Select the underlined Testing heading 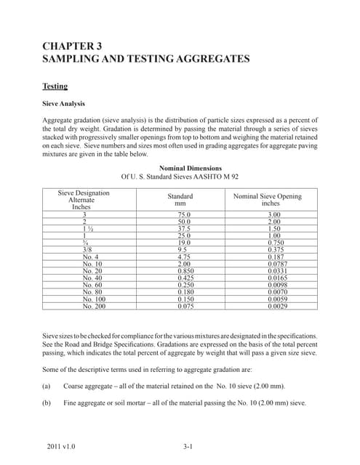[x=55, y=86]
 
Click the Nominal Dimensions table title [x=179, y=168]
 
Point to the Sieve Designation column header [x=84, y=193]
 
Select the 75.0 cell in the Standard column [x=184, y=216]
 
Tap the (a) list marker [x=47, y=386]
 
